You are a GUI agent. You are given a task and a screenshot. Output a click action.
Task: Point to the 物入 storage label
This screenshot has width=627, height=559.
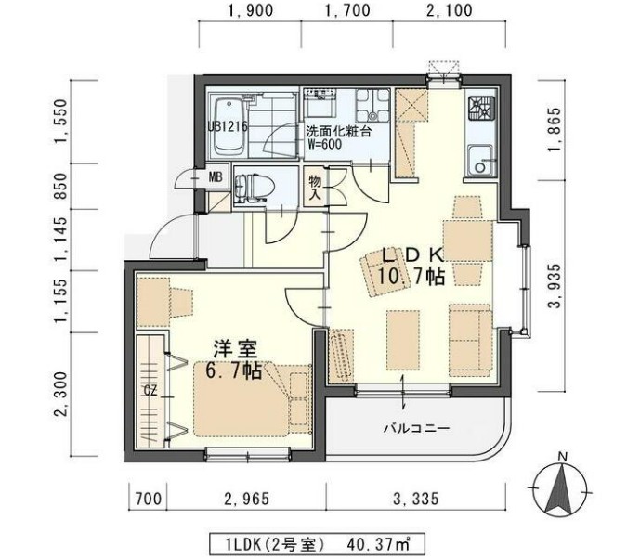(314, 188)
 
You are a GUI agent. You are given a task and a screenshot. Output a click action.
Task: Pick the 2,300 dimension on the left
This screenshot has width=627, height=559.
(62, 396)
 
